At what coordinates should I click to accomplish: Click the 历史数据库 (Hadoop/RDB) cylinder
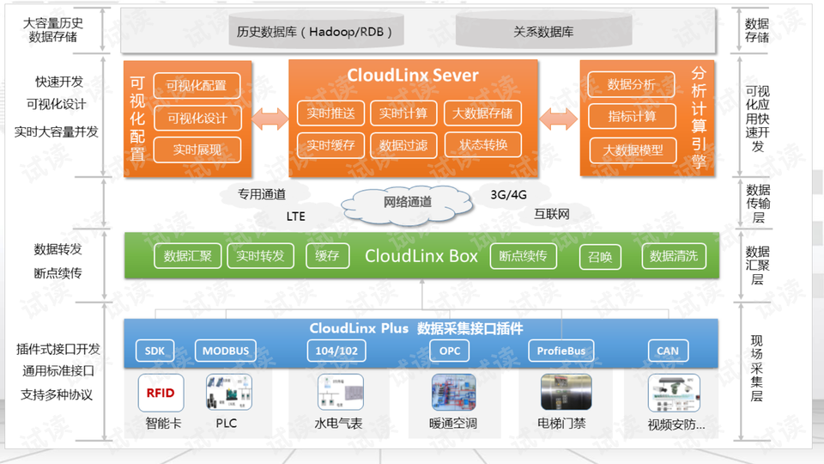coord(316,32)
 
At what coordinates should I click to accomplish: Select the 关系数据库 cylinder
coord(543,32)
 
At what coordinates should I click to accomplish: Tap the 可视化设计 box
coord(197,118)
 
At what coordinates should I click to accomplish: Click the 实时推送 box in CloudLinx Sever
coord(330,113)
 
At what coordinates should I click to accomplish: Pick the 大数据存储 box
coord(482,113)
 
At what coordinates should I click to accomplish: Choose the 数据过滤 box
coord(403,145)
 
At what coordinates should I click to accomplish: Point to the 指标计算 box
coord(632,116)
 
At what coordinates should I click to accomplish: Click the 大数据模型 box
coord(633,150)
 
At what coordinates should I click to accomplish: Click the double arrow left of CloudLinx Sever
coord(270,119)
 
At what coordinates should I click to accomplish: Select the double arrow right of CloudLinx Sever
coord(559,119)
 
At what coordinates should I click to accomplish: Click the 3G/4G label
coord(509,195)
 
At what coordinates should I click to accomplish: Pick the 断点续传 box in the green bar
coord(523,256)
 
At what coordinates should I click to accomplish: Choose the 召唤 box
coord(600,257)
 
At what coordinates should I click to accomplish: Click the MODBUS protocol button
coord(226,351)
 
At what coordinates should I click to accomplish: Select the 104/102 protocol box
coord(336,351)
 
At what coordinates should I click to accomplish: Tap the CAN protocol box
coord(668,351)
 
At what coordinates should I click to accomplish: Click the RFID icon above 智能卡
coord(161,393)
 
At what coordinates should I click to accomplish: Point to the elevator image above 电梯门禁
coord(566,392)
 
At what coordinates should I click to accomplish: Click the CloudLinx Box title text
coord(421,256)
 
